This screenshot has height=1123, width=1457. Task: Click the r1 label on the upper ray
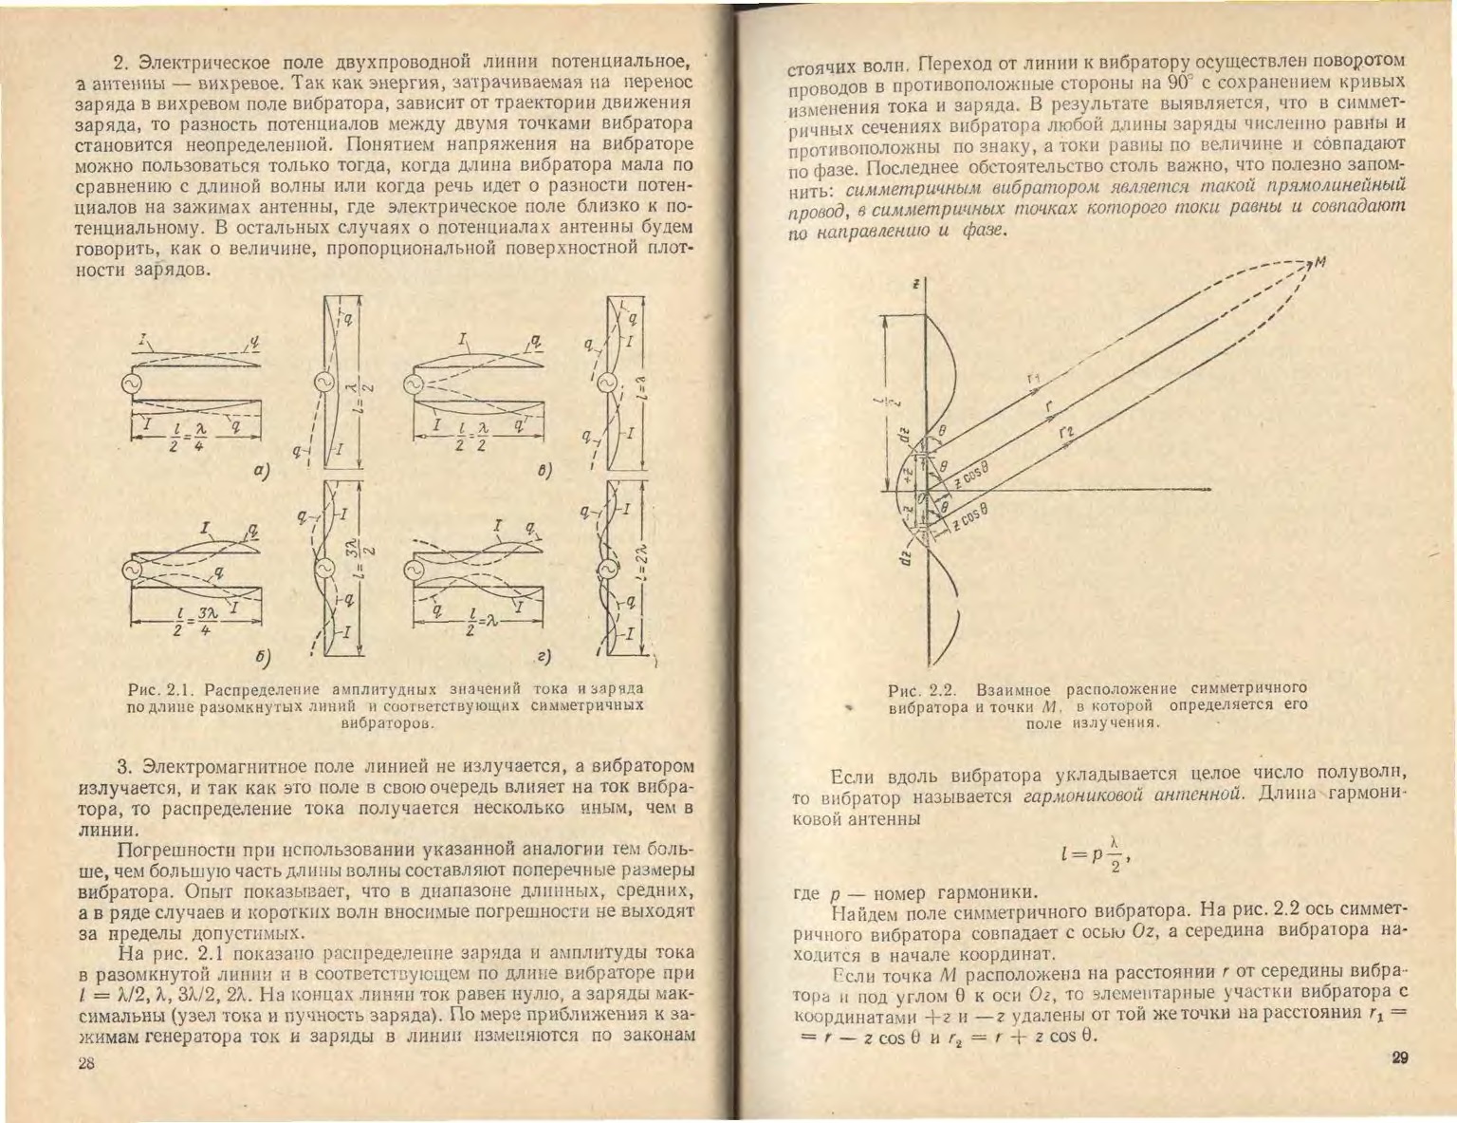coord(1033,380)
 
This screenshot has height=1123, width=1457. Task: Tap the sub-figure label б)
coord(263,656)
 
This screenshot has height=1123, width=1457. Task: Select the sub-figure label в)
coord(544,470)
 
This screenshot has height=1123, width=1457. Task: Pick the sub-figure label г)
coord(544,656)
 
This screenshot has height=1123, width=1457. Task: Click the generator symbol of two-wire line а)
coord(129,384)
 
